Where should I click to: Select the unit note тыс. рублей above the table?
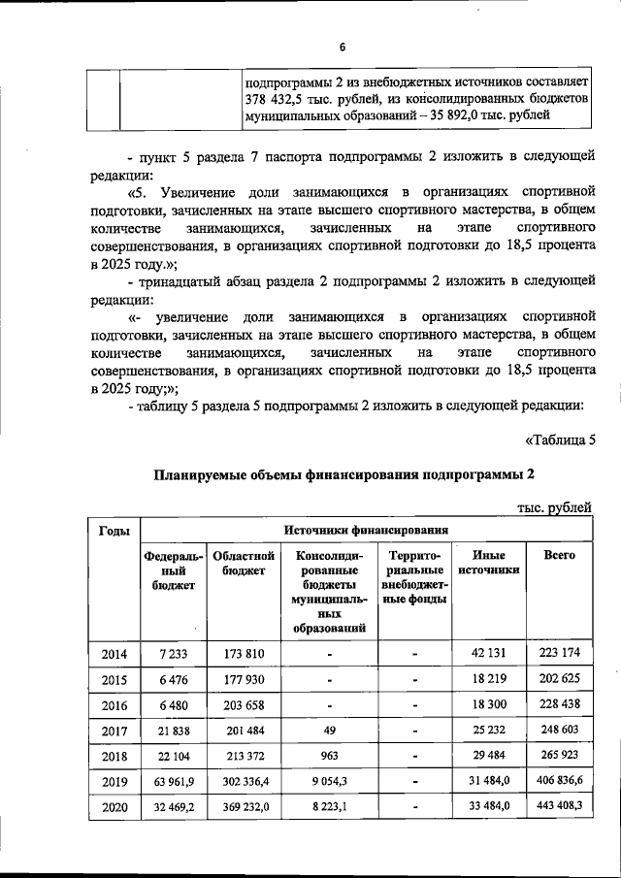(554, 507)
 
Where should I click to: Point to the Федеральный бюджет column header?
(174, 571)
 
